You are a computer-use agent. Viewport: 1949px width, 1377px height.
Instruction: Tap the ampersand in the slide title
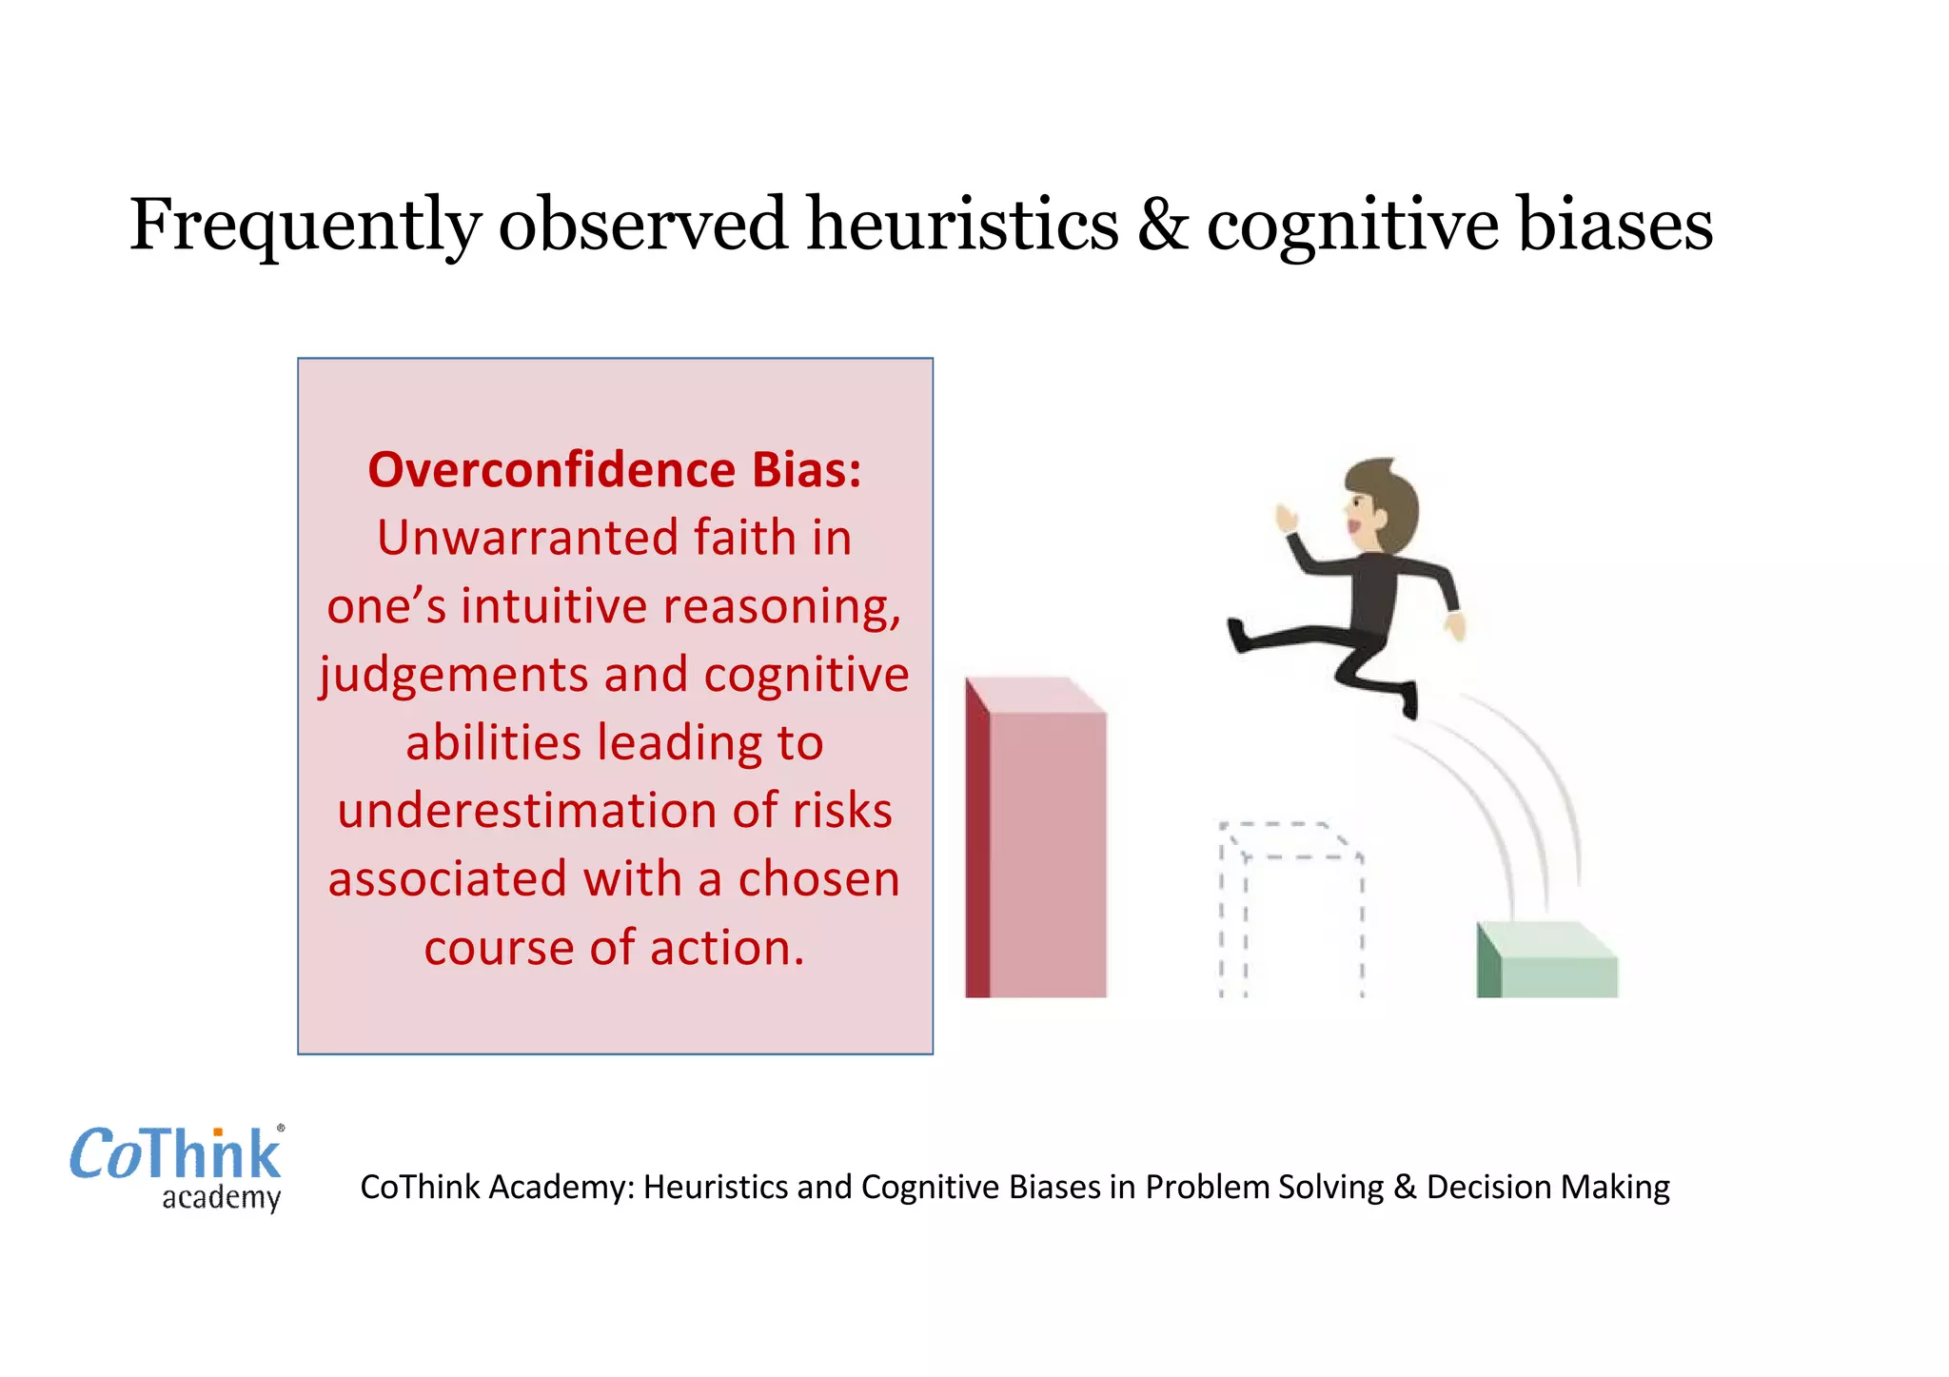1162,226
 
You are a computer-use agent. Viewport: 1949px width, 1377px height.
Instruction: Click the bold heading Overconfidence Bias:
615,470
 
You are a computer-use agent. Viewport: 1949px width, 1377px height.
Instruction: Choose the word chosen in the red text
818,879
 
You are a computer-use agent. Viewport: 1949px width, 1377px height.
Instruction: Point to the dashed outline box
1291,909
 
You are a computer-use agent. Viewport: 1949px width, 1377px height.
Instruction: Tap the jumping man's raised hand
1287,519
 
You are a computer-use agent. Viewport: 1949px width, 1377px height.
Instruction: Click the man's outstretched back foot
1238,635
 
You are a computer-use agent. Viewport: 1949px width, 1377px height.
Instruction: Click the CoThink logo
176,1155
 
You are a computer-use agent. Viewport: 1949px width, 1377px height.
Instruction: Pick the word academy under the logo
221,1197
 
